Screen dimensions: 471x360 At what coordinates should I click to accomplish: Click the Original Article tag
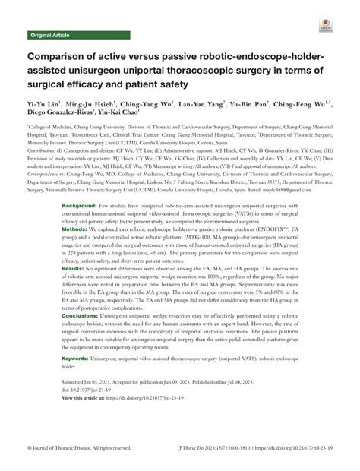(50, 35)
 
